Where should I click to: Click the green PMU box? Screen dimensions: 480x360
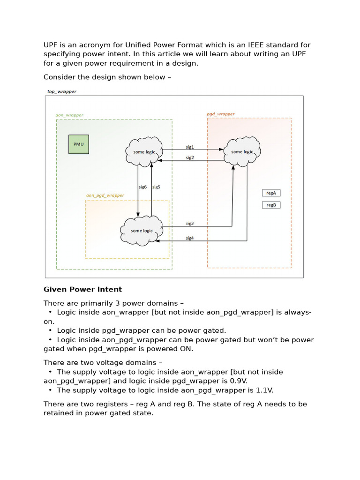pyautogui.click(x=79, y=144)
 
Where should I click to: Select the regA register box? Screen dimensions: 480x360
pyautogui.click(x=271, y=193)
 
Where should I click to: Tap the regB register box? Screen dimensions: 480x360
pyautogui.click(x=271, y=205)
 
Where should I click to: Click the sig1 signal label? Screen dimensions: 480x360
pyautogui.click(x=190, y=147)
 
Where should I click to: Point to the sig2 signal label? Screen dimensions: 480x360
pyautogui.click(x=190, y=157)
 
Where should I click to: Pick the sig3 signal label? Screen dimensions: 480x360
pyautogui.click(x=190, y=223)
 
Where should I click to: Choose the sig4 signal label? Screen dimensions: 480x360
pyautogui.click(x=190, y=238)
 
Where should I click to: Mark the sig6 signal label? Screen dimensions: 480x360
pyautogui.click(x=142, y=187)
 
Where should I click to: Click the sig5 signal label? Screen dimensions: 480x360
pyautogui.click(x=156, y=187)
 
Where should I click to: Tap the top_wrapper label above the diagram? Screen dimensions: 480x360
pyautogui.click(x=61, y=91)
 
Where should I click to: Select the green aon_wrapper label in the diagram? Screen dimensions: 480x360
pyautogui.click(x=69, y=114)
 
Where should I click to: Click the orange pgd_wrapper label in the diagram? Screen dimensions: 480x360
pyautogui.click(x=221, y=114)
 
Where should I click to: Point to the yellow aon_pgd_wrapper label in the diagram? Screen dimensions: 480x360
pyautogui.click(x=105, y=195)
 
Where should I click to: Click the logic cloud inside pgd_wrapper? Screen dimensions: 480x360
pyautogui.click(x=242, y=151)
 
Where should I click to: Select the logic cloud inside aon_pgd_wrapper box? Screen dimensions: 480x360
pyautogui.click(x=142, y=231)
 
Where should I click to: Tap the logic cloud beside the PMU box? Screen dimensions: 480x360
pyautogui.click(x=144, y=151)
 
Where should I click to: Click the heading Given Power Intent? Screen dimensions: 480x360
pyautogui.click(x=82, y=289)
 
